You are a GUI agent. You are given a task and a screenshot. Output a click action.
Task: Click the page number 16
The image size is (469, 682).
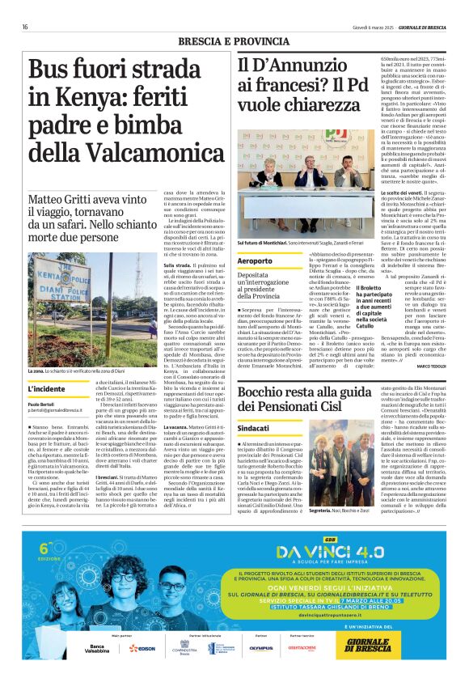pyautogui.click(x=25, y=27)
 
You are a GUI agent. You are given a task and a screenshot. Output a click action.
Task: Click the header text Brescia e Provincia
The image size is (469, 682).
pyautogui.click(x=234, y=42)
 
